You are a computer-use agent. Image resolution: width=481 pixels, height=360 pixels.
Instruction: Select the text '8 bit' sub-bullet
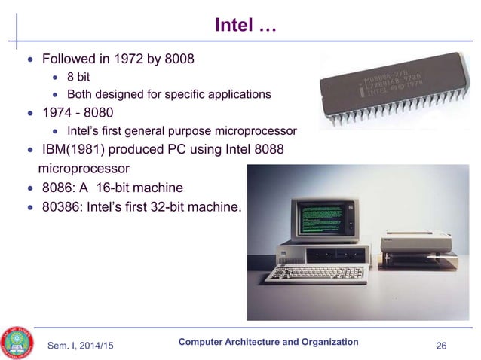[79, 76]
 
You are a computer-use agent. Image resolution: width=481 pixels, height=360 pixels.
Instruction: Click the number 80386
[63, 206]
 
